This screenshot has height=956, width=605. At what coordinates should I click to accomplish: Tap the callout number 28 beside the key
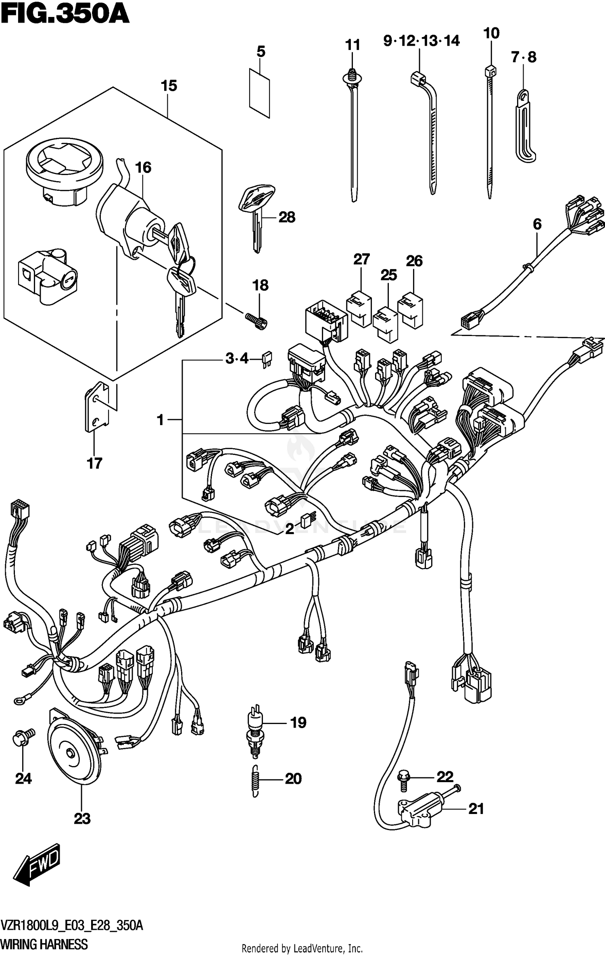(287, 217)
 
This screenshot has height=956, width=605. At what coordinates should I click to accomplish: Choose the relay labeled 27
(359, 308)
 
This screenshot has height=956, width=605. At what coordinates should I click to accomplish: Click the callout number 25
(388, 275)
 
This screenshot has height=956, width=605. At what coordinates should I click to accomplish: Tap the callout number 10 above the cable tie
(491, 33)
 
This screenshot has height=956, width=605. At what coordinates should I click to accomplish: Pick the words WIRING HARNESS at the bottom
(44, 944)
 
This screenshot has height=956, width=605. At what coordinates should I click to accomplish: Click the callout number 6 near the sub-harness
(537, 224)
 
